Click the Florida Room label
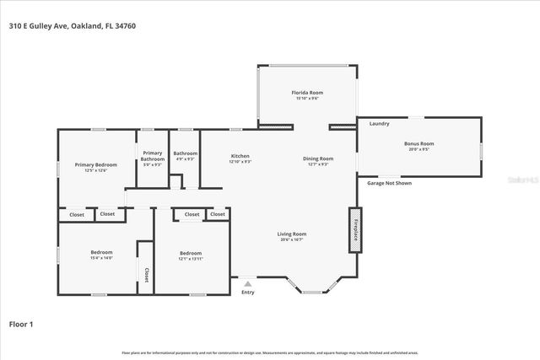coord(307,93)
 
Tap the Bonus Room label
coord(419,144)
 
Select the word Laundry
coord(379,124)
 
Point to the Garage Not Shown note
coord(389,183)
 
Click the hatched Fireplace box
coord(355,230)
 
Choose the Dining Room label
coord(318,159)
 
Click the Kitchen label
coord(240,157)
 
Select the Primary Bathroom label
coord(153,156)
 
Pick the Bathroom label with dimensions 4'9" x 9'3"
coord(185,153)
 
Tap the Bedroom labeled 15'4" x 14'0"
coord(102,252)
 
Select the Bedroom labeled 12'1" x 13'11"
coord(191,253)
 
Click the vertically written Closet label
coord(146,274)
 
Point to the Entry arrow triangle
coord(247,283)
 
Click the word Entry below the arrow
coord(247,292)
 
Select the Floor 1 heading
coord(20,323)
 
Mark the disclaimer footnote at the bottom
coord(270,352)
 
